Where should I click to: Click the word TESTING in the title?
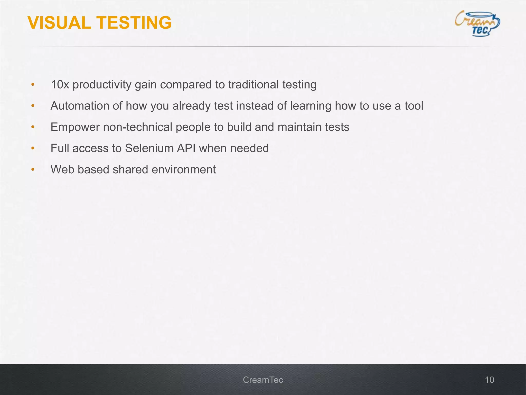point(134,23)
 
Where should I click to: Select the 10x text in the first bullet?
point(60,85)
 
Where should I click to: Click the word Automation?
point(80,106)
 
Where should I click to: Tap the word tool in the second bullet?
point(414,106)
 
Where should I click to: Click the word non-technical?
point(137,127)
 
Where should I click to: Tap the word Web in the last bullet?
point(62,169)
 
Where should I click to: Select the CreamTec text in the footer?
point(263,380)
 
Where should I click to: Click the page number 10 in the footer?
point(489,380)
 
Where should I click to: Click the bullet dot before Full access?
point(33,148)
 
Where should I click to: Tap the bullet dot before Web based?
point(33,170)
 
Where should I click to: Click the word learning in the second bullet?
point(311,106)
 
